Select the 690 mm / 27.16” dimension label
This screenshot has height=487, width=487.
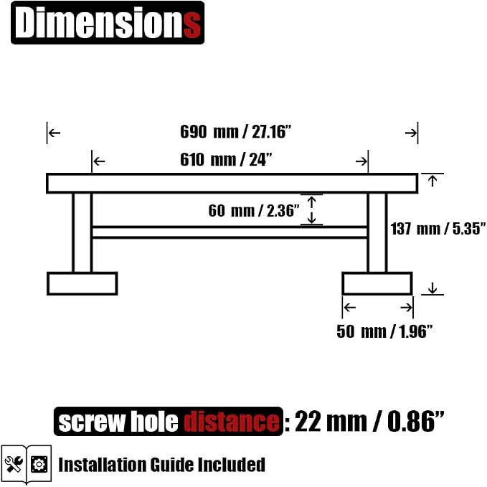[236, 132]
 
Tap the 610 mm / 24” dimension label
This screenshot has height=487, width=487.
[226, 160]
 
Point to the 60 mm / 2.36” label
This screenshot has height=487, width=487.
[254, 211]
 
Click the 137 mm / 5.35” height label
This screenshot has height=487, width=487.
[438, 229]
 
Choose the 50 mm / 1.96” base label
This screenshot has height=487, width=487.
[384, 331]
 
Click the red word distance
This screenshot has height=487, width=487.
[232, 422]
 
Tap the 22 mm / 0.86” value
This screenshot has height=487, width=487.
[369, 422]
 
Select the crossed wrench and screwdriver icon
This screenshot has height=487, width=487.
[14, 464]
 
